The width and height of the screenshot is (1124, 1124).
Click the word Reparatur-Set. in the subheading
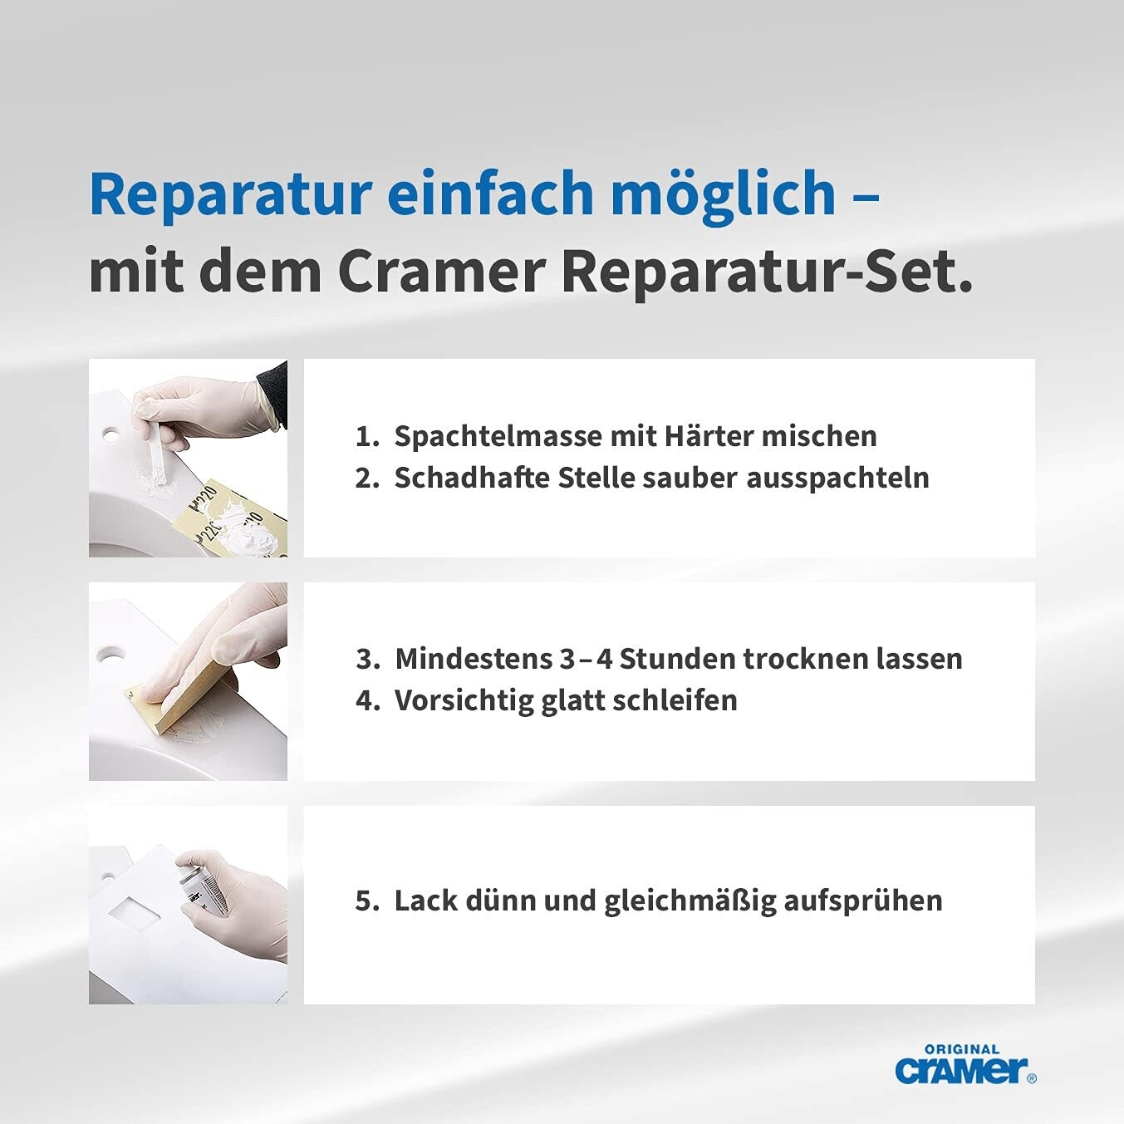coord(767,273)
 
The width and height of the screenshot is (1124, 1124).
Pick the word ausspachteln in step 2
coord(837,478)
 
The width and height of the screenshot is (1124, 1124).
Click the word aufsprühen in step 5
coord(863,901)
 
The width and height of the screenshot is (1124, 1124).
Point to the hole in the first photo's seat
coord(110,435)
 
